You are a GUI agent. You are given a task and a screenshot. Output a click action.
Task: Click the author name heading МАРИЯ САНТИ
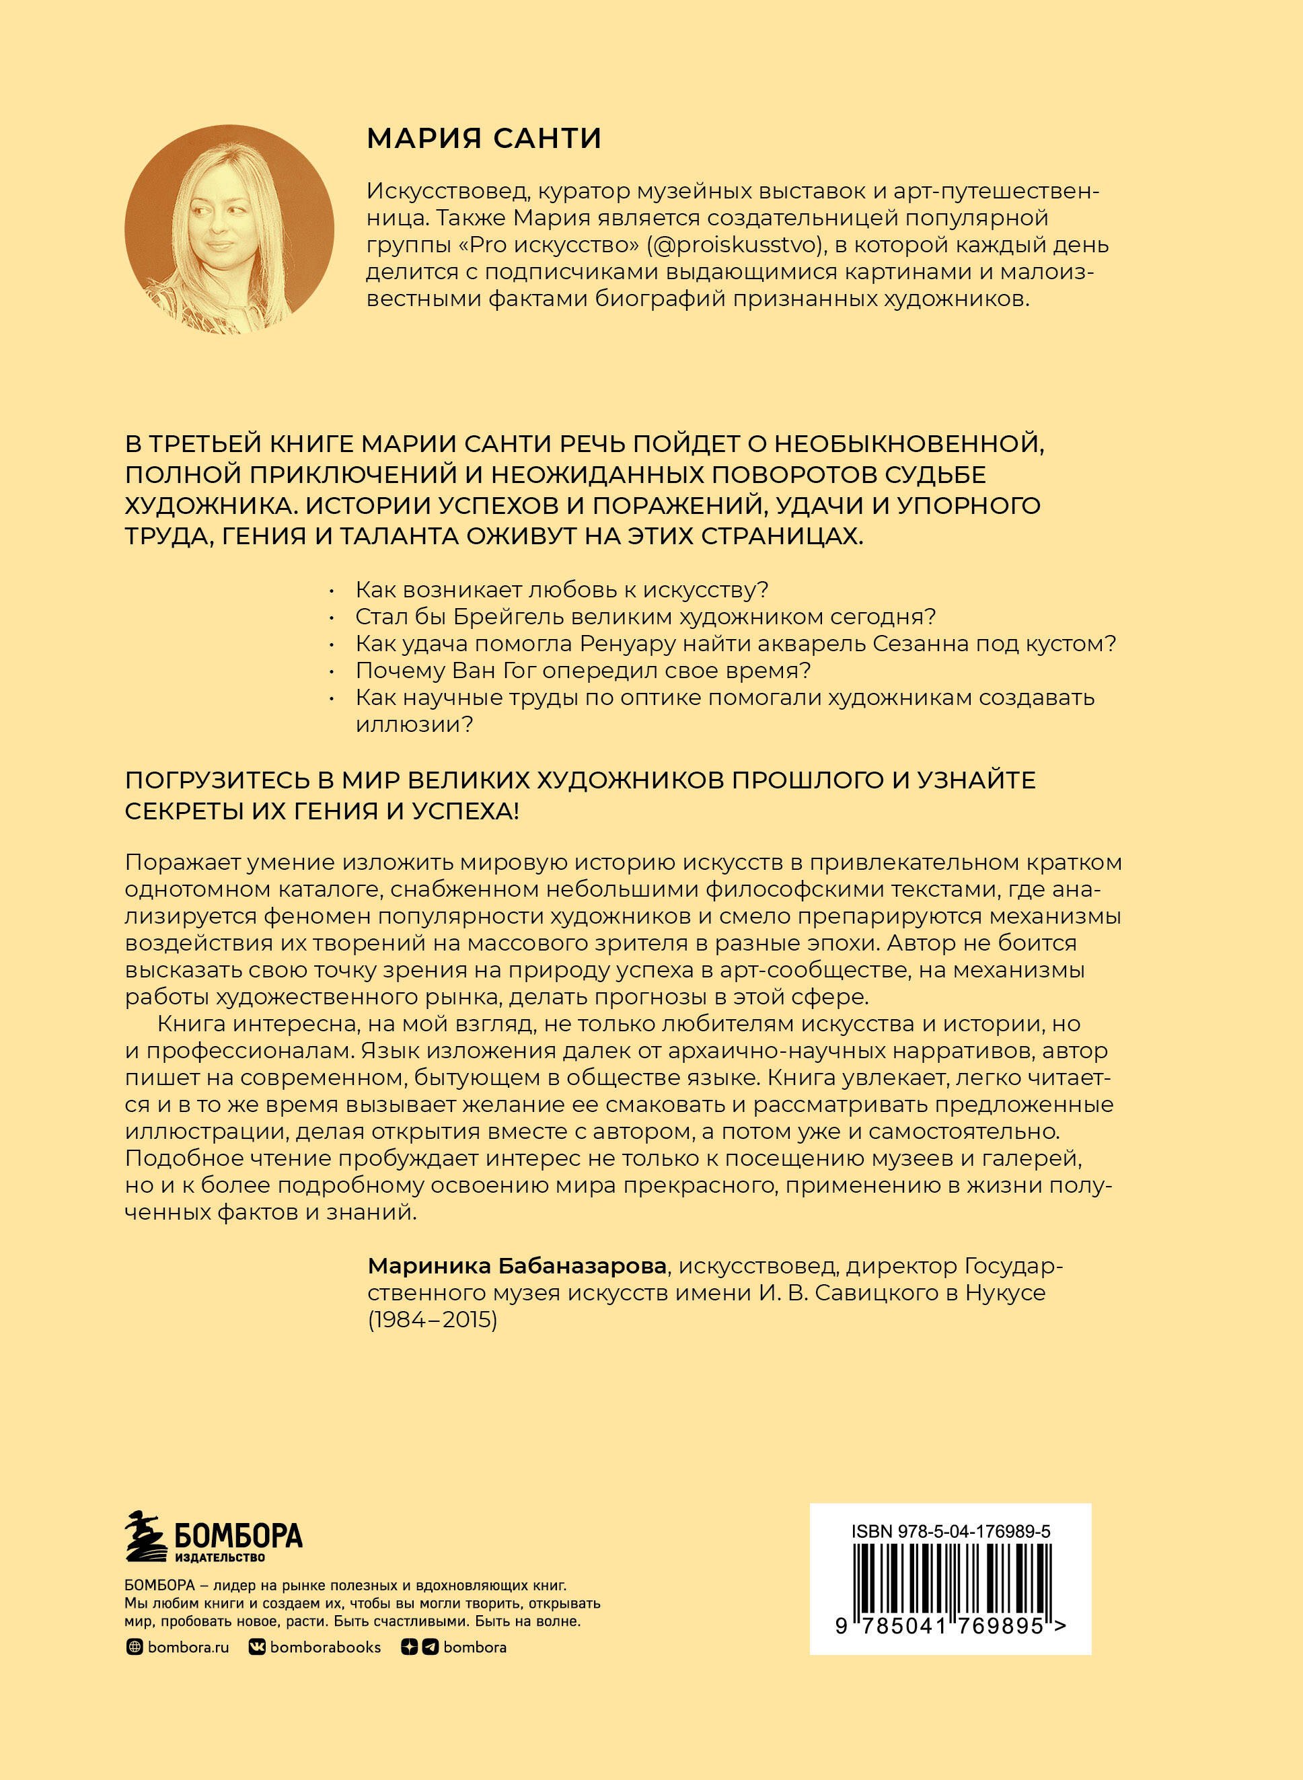pos(484,139)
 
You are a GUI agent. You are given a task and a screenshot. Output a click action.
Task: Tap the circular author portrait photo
pos(229,229)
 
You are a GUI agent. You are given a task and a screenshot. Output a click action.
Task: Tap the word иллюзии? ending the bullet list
pos(413,724)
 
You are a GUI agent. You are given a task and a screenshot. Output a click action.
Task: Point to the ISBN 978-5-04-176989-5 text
pos(951,1532)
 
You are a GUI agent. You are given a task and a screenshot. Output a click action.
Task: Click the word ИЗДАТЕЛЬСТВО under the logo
pos(220,1557)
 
